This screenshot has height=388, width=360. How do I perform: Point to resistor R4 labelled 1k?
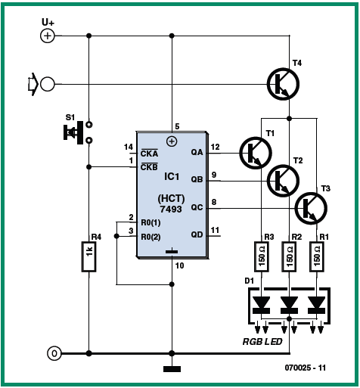click(88, 256)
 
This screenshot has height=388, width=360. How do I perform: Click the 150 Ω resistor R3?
click(262, 256)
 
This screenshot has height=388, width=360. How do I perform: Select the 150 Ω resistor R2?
click(290, 256)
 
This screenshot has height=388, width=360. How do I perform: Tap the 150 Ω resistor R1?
click(317, 256)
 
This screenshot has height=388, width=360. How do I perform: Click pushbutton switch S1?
click(78, 132)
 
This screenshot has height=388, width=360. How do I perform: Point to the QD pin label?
click(197, 235)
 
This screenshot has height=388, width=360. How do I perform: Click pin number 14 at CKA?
click(129, 147)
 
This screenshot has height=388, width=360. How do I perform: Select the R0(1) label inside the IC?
click(151, 223)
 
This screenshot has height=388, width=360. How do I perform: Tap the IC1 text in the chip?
click(172, 177)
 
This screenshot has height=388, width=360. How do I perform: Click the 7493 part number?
click(171, 210)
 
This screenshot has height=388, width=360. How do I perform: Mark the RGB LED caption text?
click(262, 342)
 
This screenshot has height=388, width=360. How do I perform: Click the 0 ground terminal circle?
click(54, 353)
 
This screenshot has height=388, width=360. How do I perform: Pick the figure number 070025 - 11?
click(306, 368)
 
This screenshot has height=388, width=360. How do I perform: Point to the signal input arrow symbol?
click(33, 84)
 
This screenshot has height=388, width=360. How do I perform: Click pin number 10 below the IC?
click(180, 265)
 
